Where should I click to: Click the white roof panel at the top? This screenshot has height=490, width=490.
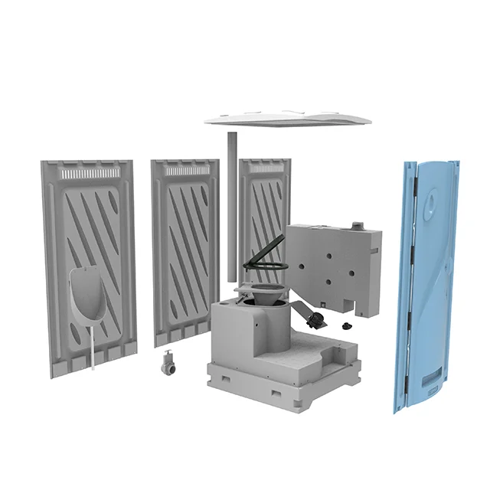tap(287, 117)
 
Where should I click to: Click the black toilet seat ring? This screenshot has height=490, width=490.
tap(265, 267)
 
